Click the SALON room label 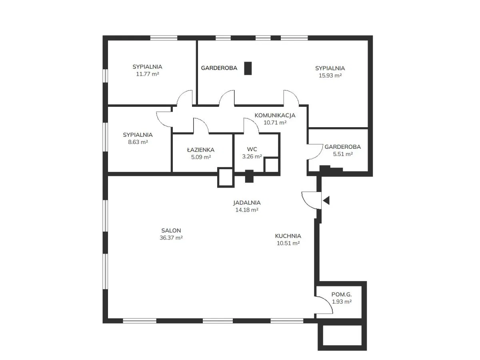(x=171, y=230)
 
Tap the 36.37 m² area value (x=171, y=238)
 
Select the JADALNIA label (x=247, y=202)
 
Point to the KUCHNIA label (x=288, y=236)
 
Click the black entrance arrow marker (x=326, y=200)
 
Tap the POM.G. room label (x=342, y=295)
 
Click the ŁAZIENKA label (x=201, y=150)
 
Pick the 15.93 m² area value (x=330, y=75)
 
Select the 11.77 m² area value (x=148, y=74)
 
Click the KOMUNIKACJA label (x=275, y=116)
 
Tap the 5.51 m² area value (x=342, y=154)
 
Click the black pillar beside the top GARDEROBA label (x=248, y=68)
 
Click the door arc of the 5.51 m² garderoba (x=314, y=151)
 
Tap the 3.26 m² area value (x=252, y=157)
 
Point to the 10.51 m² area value (x=288, y=243)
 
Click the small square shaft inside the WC (x=271, y=164)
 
